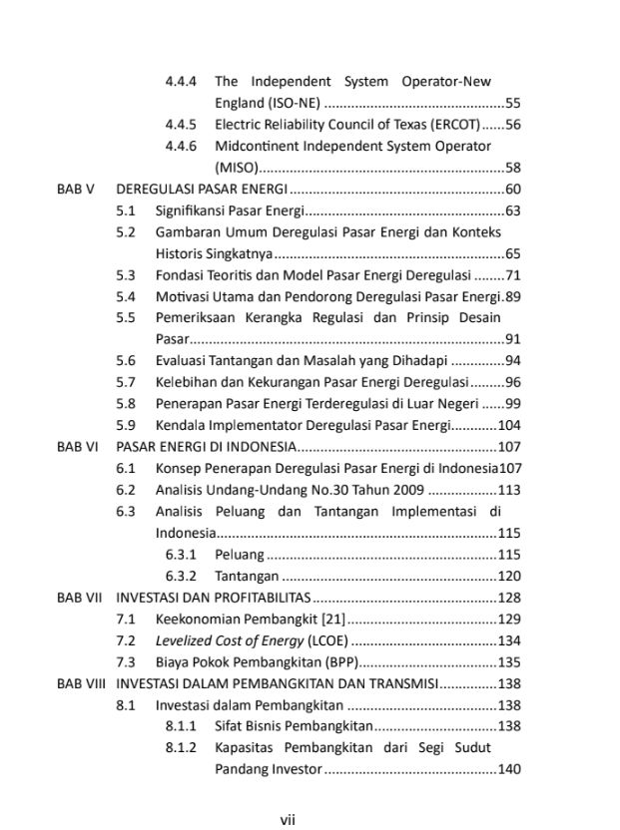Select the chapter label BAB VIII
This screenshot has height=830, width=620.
81,684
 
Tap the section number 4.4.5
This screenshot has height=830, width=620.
181,125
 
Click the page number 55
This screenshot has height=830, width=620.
514,103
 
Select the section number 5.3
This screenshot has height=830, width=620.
125,275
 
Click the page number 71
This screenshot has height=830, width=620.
514,275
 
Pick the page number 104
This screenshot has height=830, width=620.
510,425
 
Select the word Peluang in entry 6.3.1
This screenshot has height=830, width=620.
240,555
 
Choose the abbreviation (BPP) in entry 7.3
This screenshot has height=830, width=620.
338,662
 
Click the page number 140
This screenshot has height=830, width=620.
510,769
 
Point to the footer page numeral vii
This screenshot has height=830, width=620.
287,820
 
